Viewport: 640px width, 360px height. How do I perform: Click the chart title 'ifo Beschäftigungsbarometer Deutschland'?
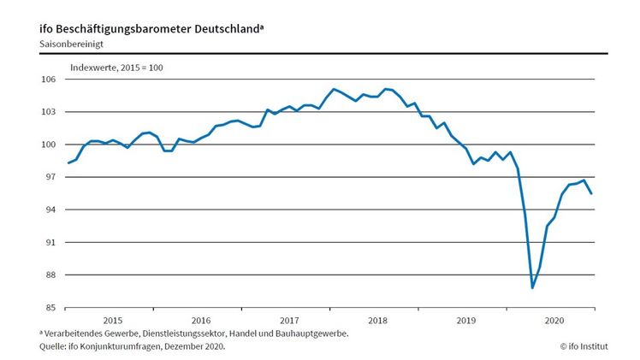[x=151, y=27]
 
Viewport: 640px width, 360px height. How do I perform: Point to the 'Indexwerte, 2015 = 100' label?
[x=116, y=67]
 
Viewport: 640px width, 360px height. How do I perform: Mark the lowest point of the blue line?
[x=532, y=287]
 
